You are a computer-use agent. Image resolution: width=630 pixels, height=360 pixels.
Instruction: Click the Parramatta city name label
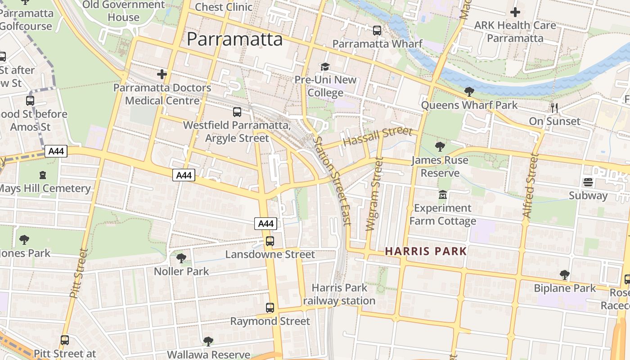tap(234, 39)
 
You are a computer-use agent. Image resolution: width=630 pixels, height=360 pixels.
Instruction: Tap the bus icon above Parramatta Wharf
tap(377, 31)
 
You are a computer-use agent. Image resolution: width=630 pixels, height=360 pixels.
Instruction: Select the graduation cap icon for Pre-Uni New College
tap(325, 67)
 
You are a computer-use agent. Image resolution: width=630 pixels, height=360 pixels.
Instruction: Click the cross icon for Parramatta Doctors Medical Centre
tap(162, 74)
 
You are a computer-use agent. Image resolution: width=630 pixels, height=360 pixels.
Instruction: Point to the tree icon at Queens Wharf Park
tap(469, 92)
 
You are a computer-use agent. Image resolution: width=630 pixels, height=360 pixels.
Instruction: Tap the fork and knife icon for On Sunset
tap(554, 108)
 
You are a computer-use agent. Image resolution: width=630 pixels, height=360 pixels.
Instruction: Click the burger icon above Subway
tap(588, 182)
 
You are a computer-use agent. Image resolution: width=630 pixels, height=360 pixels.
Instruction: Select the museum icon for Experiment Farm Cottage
tap(443, 195)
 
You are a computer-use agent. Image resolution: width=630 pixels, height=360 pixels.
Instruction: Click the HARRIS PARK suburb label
tap(426, 251)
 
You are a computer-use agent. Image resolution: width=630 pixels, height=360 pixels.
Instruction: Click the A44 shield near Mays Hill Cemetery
tap(56, 151)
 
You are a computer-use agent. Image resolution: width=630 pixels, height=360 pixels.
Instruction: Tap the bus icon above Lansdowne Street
tap(270, 241)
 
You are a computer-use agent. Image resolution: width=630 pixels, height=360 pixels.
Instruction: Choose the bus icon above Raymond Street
tap(270, 308)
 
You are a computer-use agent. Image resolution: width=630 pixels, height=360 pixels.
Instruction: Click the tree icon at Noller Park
tap(181, 258)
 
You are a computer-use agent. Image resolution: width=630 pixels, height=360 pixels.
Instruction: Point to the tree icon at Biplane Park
tap(564, 274)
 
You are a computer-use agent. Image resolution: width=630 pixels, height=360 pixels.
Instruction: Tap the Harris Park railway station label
tap(339, 294)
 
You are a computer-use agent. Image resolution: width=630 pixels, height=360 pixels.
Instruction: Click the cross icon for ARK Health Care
tap(515, 12)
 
